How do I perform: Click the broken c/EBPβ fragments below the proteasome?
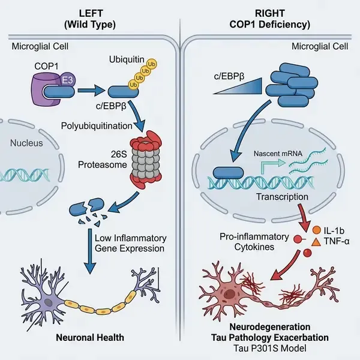pos(86,209)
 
